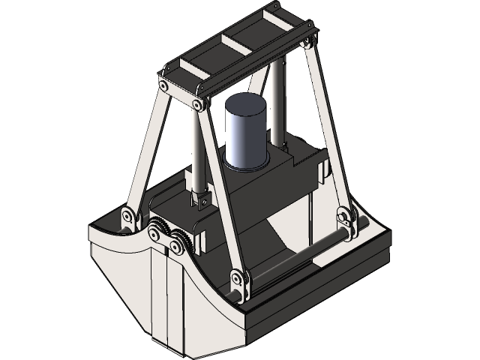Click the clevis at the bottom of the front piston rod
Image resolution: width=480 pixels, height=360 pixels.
(200, 200)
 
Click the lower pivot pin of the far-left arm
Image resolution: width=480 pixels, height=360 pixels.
(128, 218)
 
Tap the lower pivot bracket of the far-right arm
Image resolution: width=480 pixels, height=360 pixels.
(346, 221)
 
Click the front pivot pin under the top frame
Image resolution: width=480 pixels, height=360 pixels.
(199, 104)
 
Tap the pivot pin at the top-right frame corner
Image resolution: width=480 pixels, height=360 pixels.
(306, 43)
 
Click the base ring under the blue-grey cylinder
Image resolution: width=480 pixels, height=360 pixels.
(246, 163)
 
